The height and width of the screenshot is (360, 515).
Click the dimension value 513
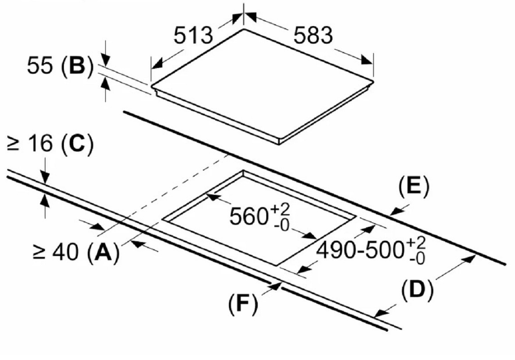[x=193, y=36]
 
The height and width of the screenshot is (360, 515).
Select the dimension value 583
[x=313, y=36]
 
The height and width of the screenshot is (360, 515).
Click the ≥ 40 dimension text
[x=56, y=253]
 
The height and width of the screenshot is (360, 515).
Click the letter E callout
[x=413, y=187]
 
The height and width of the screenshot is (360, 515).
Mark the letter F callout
[x=243, y=304]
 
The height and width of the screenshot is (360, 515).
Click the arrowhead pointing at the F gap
[x=275, y=286]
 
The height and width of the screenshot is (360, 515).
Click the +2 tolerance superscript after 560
[x=280, y=209]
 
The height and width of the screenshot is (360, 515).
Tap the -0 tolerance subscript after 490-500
[x=417, y=258]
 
